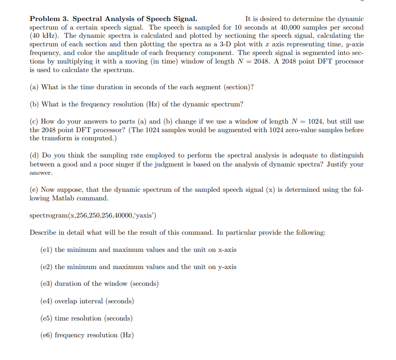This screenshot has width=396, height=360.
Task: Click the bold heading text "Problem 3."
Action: pos(49,19)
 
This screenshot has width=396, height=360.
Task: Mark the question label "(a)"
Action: pos(34,87)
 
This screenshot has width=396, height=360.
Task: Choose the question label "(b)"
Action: pos(34,104)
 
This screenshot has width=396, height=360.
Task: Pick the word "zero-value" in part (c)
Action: pos(285,130)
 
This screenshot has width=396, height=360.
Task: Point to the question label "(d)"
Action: pos(34,155)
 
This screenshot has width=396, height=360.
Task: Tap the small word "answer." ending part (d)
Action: pos(41,173)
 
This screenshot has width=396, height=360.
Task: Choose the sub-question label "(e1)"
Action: pos(46,250)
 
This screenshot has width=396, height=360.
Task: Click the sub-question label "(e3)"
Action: pos(46,284)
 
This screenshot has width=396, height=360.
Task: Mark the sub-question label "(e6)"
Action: pos(46,335)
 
